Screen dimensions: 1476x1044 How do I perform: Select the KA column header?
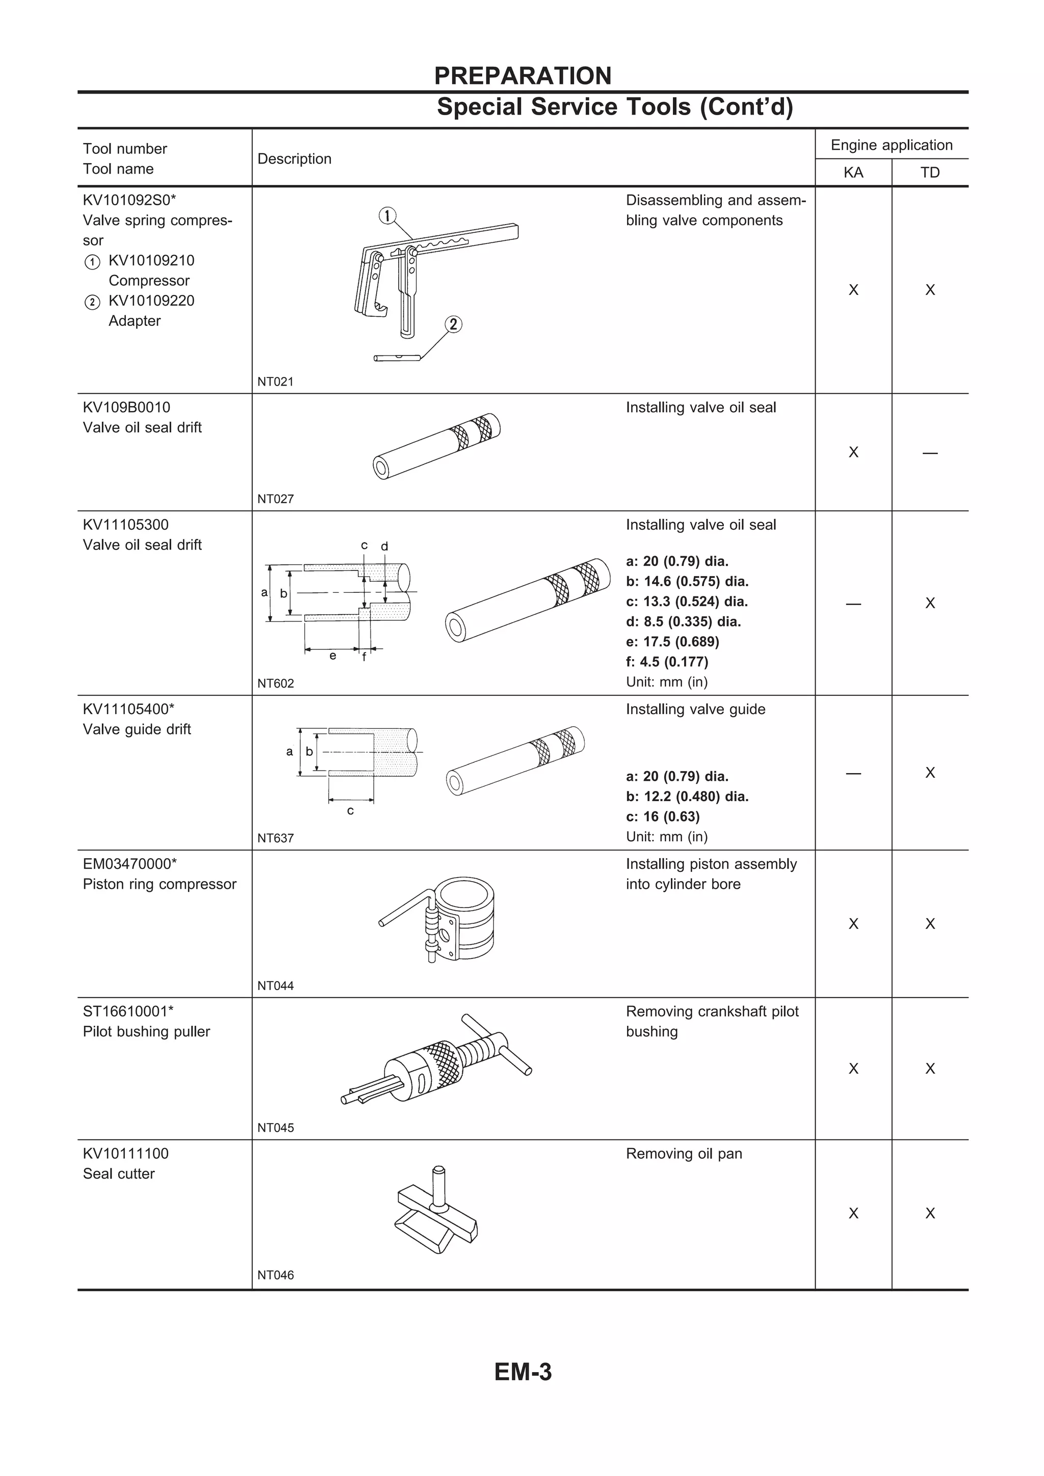(853, 172)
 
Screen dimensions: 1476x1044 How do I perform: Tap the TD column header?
(929, 172)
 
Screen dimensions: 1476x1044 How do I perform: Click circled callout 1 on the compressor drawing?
(387, 216)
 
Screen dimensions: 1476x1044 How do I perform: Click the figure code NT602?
(275, 684)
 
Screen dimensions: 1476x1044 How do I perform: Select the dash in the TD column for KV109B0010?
(929, 453)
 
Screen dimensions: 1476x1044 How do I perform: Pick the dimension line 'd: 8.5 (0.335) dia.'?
(683, 622)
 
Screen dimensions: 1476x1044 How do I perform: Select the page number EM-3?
(523, 1372)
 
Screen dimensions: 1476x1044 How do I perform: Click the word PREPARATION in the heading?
(523, 76)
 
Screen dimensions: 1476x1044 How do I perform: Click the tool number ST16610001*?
(128, 1011)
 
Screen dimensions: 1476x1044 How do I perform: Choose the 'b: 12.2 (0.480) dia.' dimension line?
(687, 797)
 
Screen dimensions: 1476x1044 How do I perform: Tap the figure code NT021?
(275, 382)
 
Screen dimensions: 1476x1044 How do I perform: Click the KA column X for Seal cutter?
(853, 1213)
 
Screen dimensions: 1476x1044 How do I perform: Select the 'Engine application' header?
(891, 145)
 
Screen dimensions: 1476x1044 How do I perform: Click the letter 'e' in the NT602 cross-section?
(332, 655)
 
